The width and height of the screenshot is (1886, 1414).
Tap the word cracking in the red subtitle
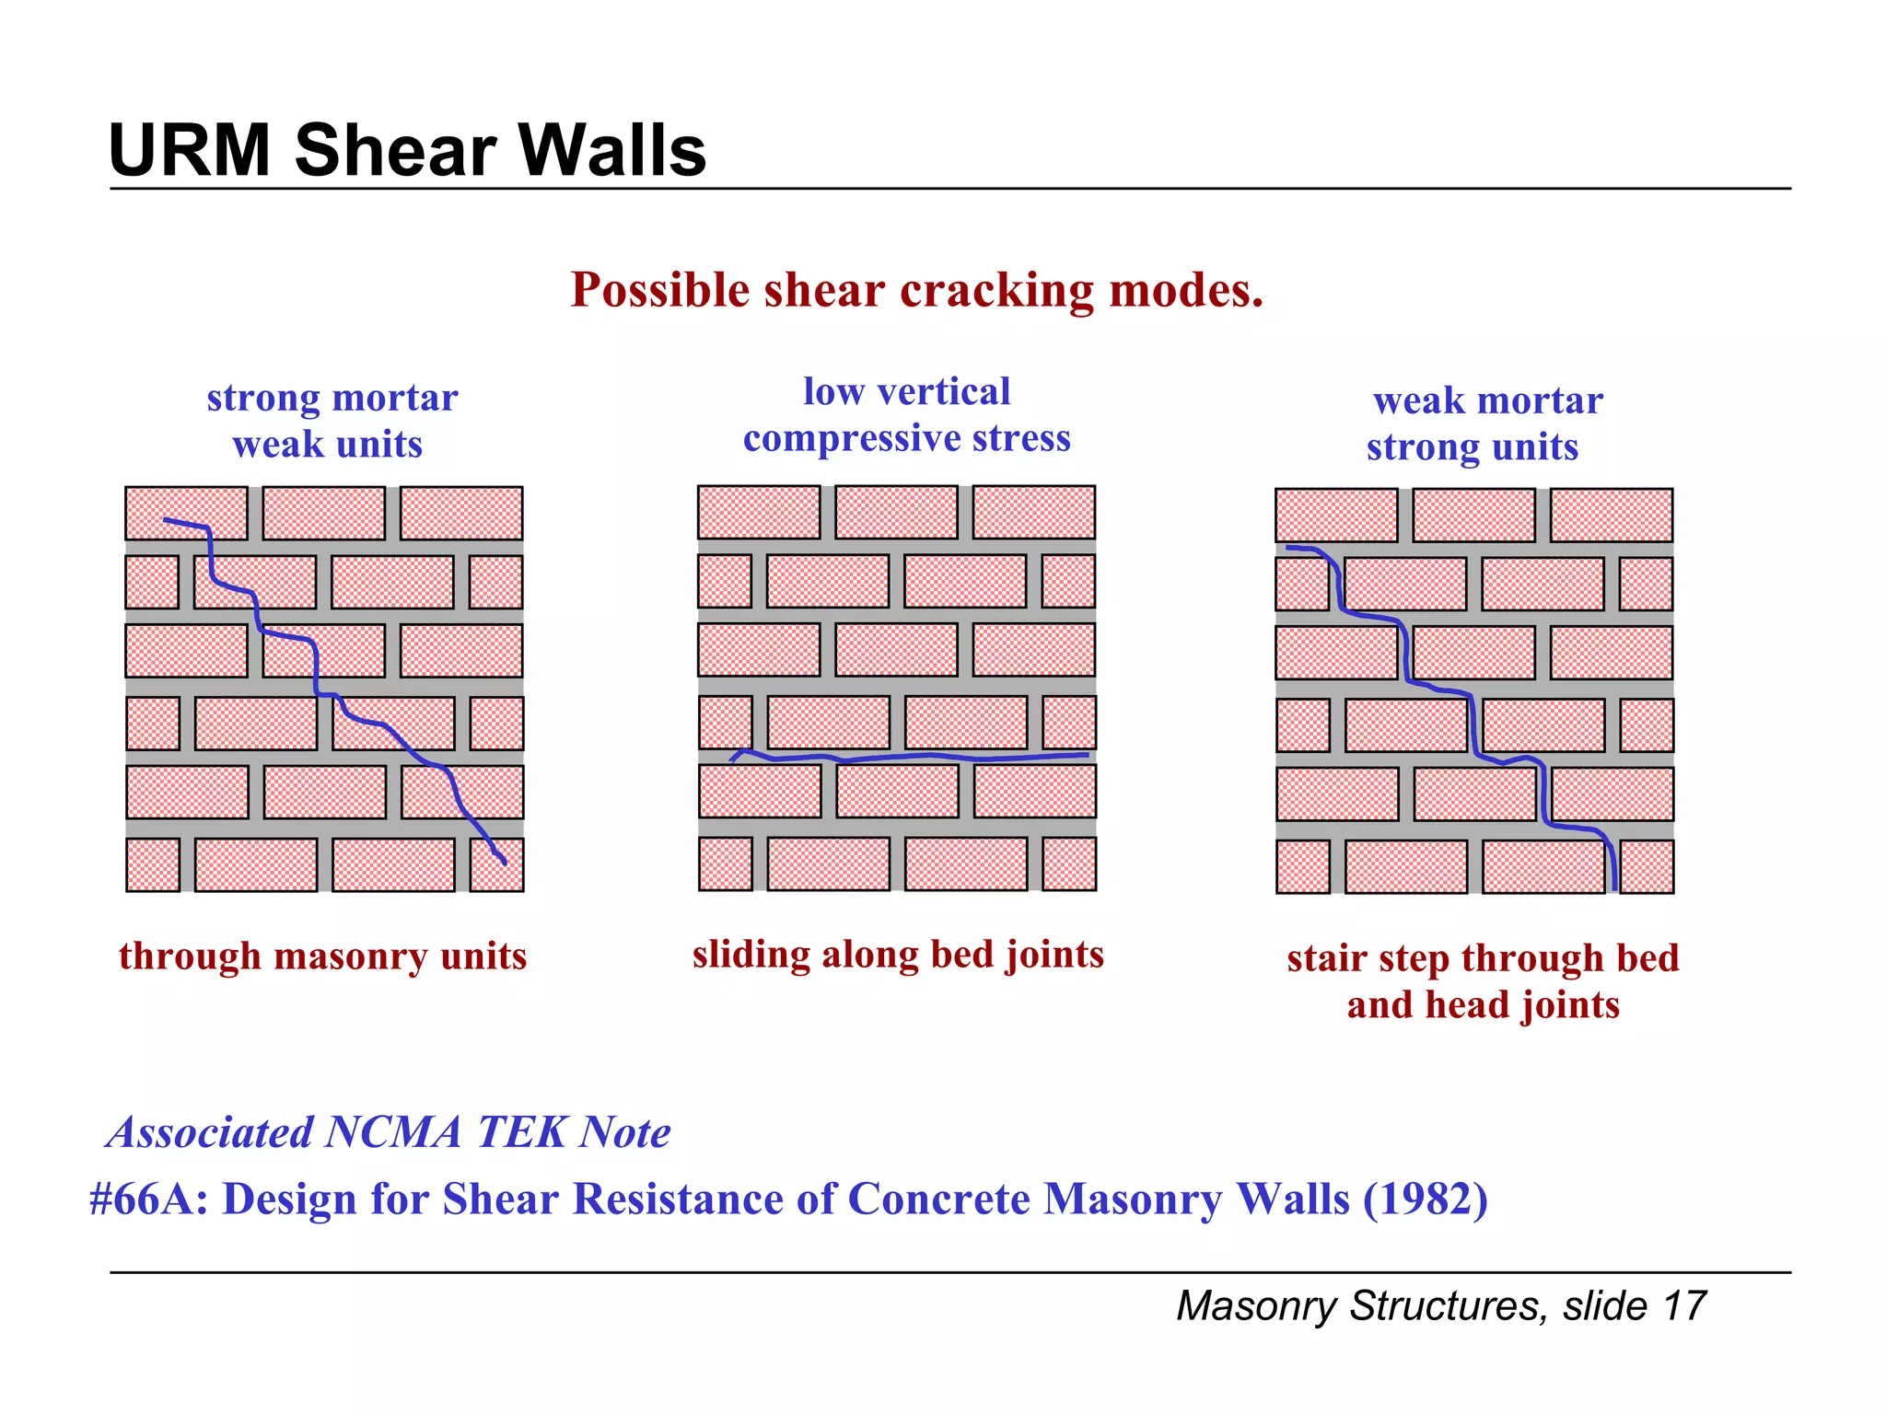pyautogui.click(x=996, y=291)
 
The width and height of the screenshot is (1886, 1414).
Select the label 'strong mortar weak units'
pyautogui.click(x=331, y=421)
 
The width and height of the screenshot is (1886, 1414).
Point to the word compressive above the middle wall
pyautogui.click(x=846, y=439)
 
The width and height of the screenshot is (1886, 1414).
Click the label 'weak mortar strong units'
pyautogui.click(x=1484, y=423)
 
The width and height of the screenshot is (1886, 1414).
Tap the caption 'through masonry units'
pyautogui.click(x=322, y=956)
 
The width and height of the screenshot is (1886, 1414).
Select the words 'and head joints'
pyautogui.click(x=1483, y=1004)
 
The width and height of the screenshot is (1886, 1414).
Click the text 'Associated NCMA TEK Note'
pyautogui.click(x=388, y=1132)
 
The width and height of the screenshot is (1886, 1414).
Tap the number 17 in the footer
pyautogui.click(x=1684, y=1306)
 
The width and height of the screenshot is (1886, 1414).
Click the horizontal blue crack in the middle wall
pyautogui.click(x=921, y=758)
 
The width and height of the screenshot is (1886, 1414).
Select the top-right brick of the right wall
pyautogui.click(x=1611, y=516)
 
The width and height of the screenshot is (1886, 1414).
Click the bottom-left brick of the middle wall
pyautogui.click(x=725, y=864)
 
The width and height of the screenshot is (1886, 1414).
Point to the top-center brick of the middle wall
pyautogui.click(x=896, y=512)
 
